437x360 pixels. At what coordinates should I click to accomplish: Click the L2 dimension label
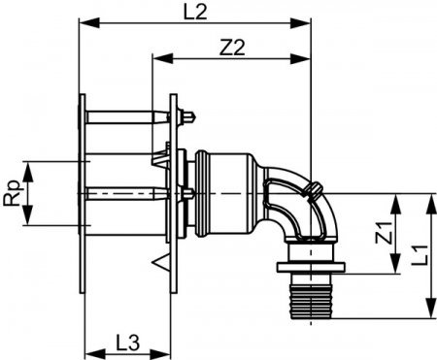coord(194,12)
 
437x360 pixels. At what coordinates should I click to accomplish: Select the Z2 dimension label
coord(232,48)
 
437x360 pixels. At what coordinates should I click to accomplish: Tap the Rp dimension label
coord(13,193)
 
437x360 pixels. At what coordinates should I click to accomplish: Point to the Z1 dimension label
coord(385,232)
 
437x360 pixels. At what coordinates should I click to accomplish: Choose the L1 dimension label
coord(420,255)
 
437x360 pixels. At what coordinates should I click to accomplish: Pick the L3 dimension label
coord(127,344)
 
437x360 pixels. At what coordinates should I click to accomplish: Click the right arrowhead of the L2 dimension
coord(301,23)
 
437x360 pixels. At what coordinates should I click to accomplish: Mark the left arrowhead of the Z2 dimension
coord(163,59)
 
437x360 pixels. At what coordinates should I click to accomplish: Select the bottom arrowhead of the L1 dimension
coord(431,308)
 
